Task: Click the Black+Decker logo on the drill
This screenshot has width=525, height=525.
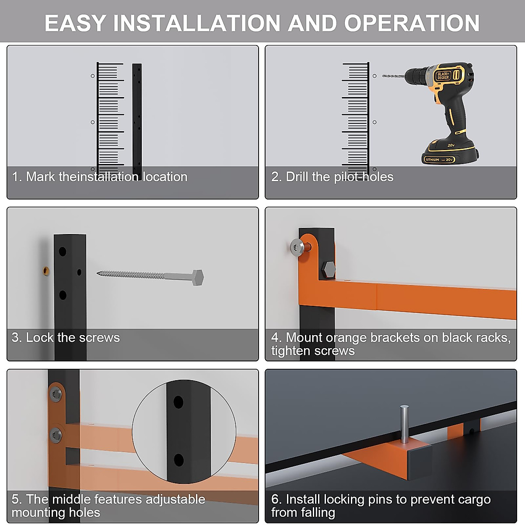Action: [443, 76]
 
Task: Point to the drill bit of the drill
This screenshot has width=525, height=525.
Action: [394, 76]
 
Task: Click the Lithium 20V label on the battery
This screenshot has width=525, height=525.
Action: [439, 159]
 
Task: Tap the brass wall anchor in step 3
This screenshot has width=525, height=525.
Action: [46, 271]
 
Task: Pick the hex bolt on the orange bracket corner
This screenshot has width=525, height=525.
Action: [329, 270]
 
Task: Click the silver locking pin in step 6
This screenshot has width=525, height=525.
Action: [404, 428]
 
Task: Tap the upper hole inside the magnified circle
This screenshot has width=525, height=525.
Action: [178, 402]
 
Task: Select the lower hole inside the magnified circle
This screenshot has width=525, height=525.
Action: [179, 460]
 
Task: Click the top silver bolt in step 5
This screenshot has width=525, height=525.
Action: [56, 393]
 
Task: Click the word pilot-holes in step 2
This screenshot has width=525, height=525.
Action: [364, 177]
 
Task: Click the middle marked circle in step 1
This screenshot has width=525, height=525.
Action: [93, 122]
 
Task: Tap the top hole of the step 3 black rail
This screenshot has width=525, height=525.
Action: [63, 252]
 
